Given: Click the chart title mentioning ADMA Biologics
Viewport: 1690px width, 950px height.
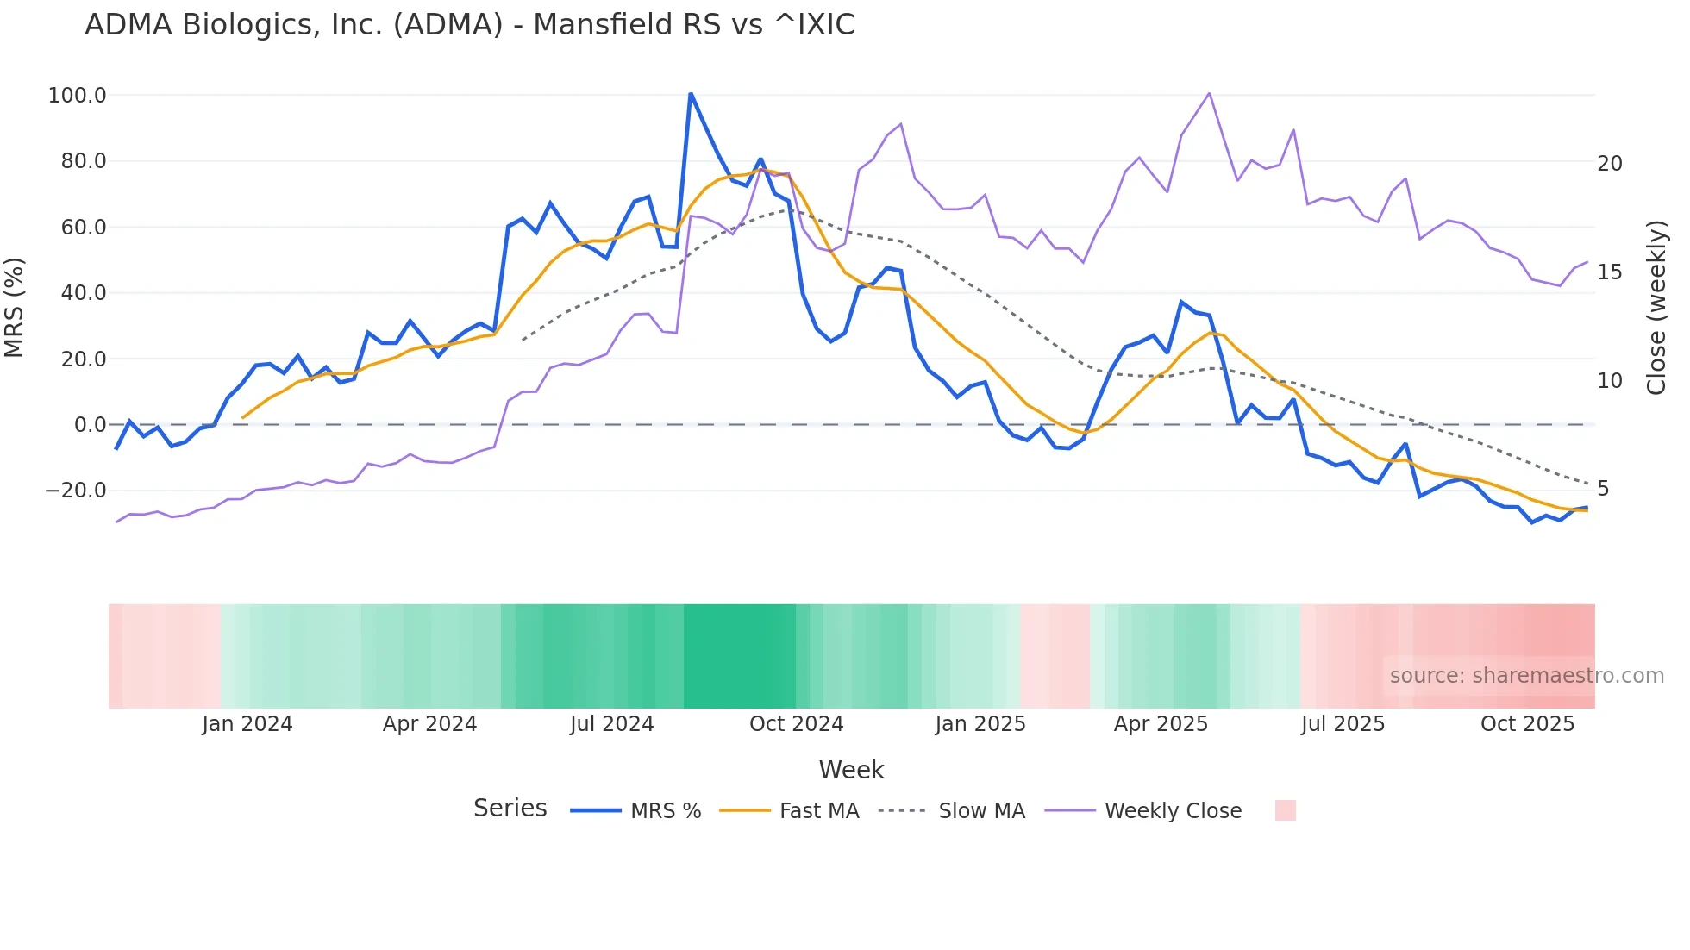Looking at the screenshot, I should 469,25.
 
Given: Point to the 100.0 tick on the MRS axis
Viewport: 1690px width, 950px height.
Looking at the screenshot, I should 77,96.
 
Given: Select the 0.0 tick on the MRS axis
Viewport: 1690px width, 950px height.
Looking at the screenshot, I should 90,425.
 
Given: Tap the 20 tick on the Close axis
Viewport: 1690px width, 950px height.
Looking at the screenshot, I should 1609,164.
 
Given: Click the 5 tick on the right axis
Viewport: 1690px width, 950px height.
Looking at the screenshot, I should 1603,489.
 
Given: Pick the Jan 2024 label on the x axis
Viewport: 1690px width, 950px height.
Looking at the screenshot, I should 247,724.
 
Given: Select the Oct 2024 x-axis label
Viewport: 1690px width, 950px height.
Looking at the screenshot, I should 796,724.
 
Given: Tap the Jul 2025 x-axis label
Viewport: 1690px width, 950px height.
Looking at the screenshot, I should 1343,724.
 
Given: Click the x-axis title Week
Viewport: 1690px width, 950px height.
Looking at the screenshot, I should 851,770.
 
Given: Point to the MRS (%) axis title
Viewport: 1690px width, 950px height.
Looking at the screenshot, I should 15,308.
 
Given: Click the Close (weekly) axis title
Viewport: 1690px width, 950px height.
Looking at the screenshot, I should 1656,308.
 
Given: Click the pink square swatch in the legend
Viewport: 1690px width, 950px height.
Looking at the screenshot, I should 1285,810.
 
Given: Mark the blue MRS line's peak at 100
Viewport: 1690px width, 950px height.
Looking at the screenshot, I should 691,93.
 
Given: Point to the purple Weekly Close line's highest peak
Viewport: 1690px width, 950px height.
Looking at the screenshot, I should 1209,93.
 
